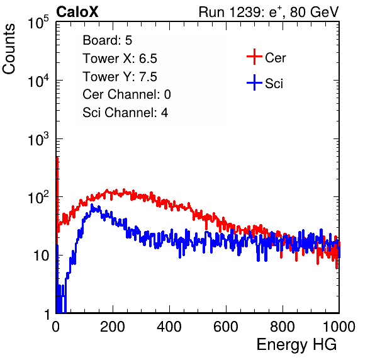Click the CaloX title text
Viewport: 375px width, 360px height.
77,12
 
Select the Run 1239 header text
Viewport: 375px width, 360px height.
269,12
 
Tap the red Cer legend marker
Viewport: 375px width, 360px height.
254,57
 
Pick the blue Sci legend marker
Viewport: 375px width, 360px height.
254,82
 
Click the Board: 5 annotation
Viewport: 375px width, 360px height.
108,40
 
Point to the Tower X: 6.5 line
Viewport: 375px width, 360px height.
120,59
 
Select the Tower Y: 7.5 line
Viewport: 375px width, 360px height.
120,77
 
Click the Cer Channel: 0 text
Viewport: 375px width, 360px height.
126,94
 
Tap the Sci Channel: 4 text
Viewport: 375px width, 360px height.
125,112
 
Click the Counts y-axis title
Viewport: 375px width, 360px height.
9,49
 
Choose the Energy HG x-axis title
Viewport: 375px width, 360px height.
296,345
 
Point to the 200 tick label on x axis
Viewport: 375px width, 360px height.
113,327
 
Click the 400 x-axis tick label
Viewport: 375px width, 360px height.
169,327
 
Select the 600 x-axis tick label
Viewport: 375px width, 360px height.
226,327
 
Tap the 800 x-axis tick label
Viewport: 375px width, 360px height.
283,327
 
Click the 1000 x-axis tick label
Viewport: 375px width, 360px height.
339,327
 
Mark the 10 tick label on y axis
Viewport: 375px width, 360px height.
42,256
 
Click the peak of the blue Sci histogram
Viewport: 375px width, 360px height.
92,205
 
